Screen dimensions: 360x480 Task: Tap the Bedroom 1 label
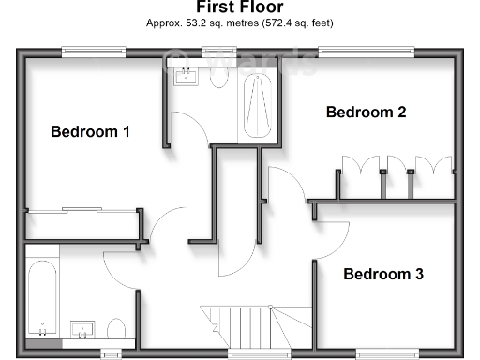90,131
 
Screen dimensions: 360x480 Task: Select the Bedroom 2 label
366,112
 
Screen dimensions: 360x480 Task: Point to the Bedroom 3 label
382,275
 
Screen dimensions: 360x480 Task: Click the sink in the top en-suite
186,78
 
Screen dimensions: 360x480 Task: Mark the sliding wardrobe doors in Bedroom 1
82,210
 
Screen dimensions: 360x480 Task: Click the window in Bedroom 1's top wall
94,52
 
